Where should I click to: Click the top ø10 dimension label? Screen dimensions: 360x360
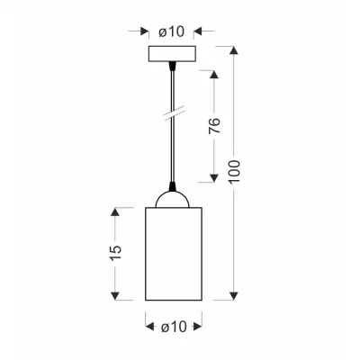coord(171,31)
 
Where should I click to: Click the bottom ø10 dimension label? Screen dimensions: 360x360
coord(174,327)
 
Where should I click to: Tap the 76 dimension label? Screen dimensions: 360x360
coord(214,126)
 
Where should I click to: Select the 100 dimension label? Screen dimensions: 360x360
coord(235,171)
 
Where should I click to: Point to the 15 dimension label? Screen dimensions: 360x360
coord(115,253)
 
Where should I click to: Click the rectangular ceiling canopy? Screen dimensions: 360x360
coord(172,54)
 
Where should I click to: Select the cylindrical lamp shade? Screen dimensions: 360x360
coord(174,254)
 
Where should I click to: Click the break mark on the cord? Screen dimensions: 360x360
coord(174,114)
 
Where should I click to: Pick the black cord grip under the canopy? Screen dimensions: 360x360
coord(172,66)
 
